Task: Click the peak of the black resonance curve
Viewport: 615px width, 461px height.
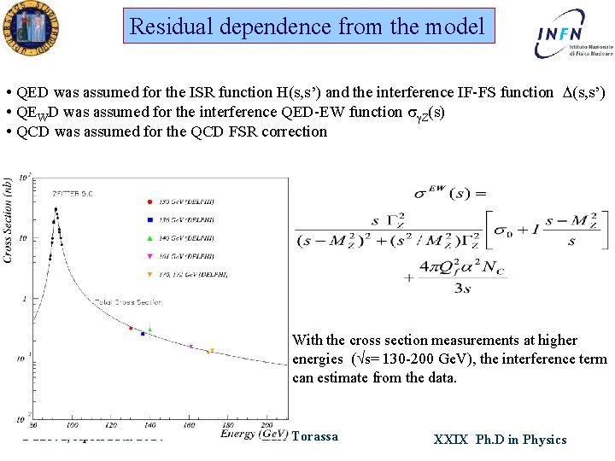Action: point(56,207)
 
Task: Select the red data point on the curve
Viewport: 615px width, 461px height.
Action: point(131,328)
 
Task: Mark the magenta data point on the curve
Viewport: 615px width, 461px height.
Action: point(190,347)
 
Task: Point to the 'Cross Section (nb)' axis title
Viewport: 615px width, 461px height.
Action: point(9,219)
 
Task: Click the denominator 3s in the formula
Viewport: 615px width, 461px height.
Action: point(462,289)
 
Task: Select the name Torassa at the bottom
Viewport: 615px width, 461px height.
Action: point(314,437)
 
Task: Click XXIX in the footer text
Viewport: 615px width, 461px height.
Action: point(450,440)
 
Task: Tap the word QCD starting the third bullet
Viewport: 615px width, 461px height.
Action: point(35,131)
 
